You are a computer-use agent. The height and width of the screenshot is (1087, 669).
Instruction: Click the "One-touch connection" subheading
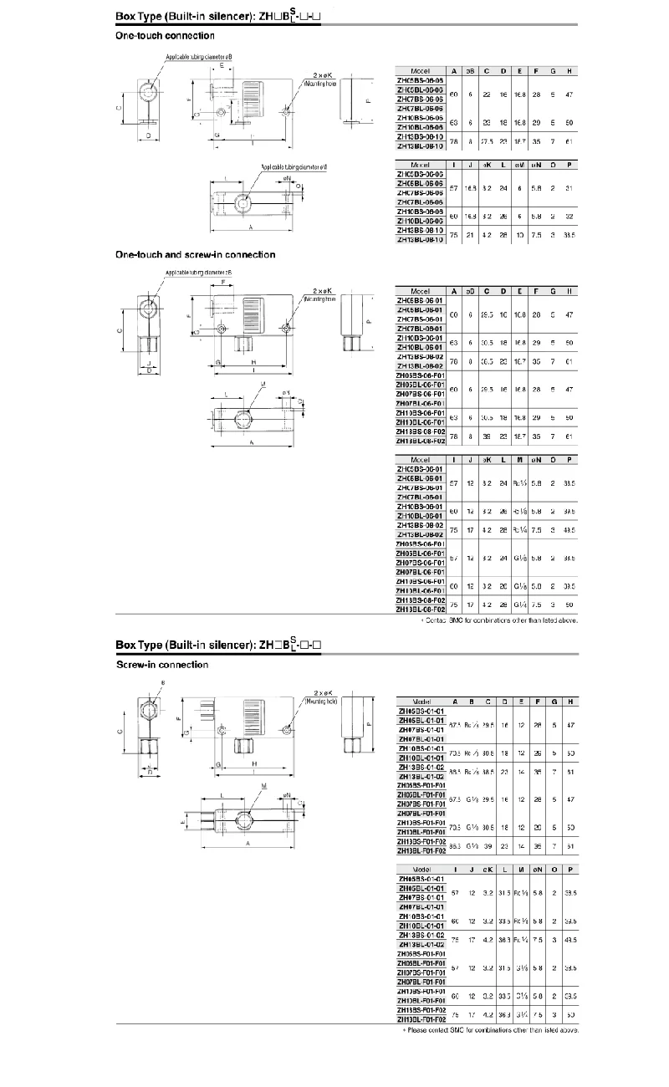click(x=165, y=36)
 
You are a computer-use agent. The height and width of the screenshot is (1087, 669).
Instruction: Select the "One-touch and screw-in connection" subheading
click(x=195, y=254)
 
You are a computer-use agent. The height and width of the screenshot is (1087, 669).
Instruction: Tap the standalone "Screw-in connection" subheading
click(x=161, y=665)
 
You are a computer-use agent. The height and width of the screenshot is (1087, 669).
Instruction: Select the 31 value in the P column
click(x=568, y=188)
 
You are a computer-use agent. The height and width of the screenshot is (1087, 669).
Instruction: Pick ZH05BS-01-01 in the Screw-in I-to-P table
click(x=421, y=879)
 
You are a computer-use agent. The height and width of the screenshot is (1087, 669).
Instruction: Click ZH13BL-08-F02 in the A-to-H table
click(x=421, y=440)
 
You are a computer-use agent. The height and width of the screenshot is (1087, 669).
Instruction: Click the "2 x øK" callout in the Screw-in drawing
click(x=323, y=693)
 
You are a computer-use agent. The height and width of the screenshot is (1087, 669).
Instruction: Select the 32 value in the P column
click(x=568, y=216)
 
